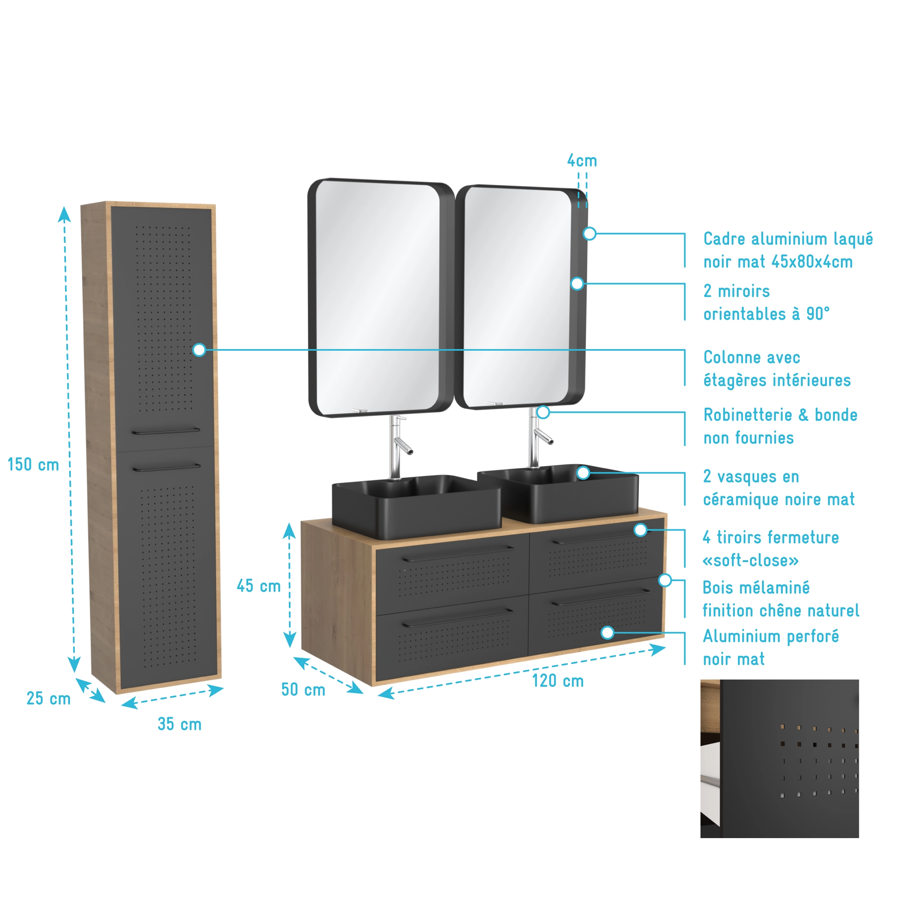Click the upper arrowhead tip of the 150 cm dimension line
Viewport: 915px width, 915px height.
[x=64, y=207]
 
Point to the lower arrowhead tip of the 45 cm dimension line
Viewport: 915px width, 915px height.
[x=290, y=648]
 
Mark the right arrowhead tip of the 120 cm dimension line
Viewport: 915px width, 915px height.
[x=666, y=648]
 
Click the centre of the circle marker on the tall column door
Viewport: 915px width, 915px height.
[x=199, y=350]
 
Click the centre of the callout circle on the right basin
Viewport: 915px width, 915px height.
[x=583, y=473]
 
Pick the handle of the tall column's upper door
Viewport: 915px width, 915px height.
[x=166, y=431]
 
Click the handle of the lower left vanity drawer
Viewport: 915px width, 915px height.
[x=457, y=618]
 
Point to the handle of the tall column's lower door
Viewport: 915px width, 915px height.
[x=166, y=468]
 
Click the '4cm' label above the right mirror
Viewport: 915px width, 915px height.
[x=582, y=161]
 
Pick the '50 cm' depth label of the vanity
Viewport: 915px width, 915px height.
[x=303, y=690]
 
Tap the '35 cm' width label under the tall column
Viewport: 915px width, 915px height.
[x=179, y=724]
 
